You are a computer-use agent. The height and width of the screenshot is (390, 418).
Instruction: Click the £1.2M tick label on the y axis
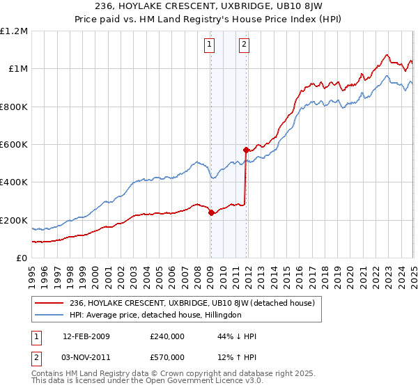14,31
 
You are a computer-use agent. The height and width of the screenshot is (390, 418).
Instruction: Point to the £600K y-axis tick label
13,145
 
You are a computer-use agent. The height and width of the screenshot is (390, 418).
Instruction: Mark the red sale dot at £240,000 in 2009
211,213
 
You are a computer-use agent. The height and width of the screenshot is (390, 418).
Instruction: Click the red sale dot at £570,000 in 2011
246,150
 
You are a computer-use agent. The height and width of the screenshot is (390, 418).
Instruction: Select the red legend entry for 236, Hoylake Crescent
192,303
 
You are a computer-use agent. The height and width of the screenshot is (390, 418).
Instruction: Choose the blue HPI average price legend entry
155,315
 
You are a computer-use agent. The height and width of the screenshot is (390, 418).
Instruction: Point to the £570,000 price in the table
167,357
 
